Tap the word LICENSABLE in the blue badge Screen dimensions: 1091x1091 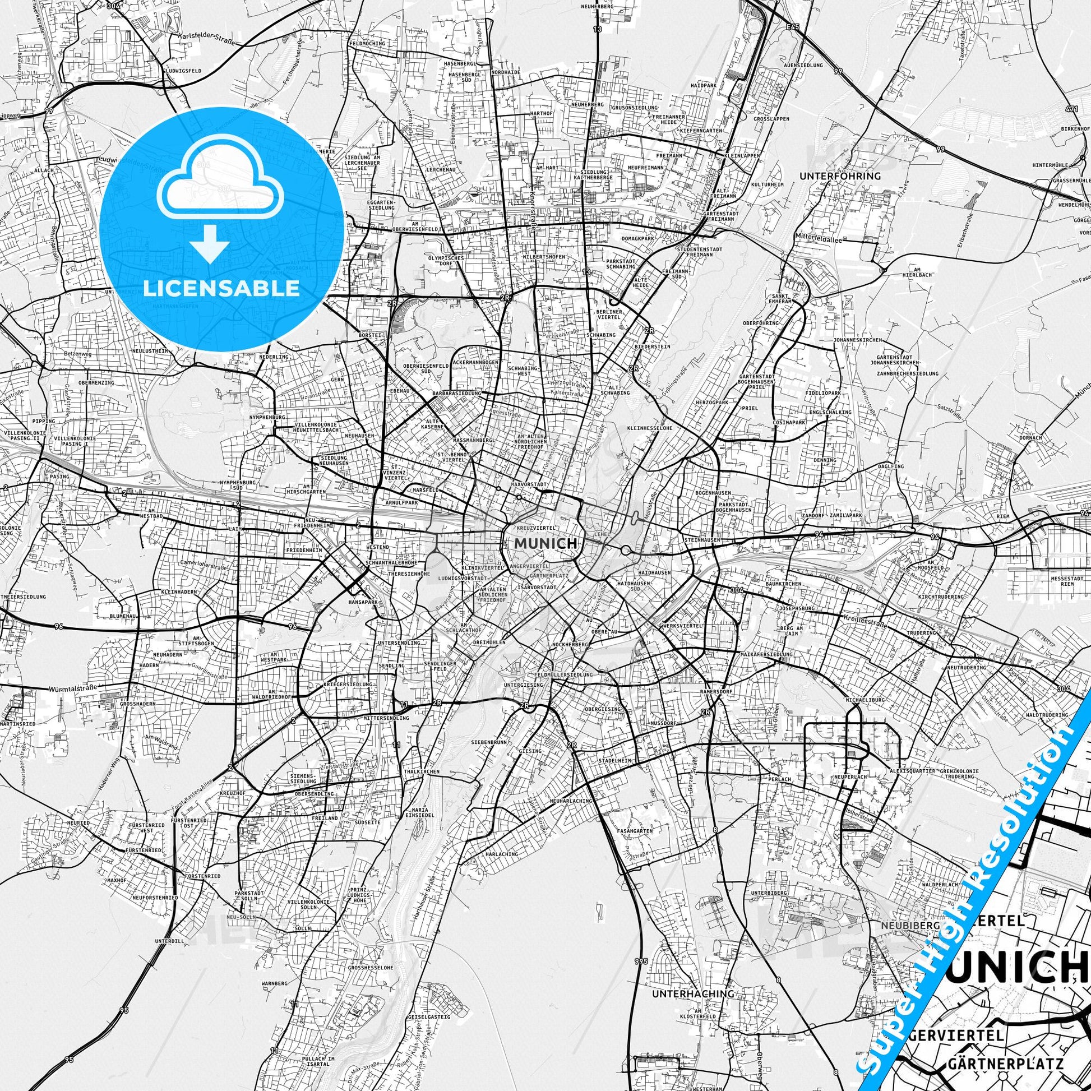tap(221, 288)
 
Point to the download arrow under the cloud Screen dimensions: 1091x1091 tap(210, 243)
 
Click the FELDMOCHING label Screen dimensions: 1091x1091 tap(367, 44)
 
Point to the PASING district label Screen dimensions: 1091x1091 tap(59, 477)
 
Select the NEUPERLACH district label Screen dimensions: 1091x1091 tap(847, 778)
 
